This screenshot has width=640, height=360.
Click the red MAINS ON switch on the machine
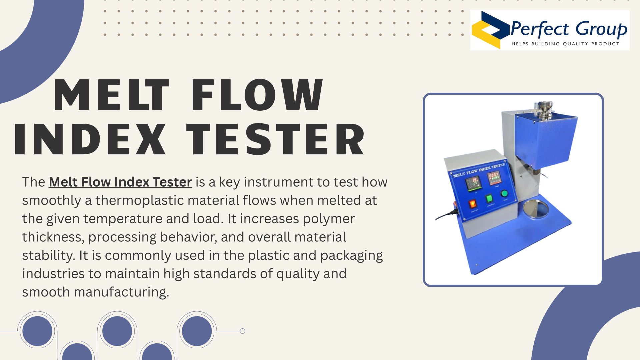[473, 204]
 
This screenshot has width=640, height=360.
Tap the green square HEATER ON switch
[489, 199]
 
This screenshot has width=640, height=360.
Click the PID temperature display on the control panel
[472, 184]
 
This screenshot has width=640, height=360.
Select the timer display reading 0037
[493, 177]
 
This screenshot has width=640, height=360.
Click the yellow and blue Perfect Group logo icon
[490, 30]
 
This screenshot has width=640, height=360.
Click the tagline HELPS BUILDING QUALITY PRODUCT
[565, 44]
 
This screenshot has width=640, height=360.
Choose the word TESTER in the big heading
[275, 139]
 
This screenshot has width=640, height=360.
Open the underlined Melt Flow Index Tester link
[120, 182]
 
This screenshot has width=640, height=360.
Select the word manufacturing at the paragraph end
[121, 292]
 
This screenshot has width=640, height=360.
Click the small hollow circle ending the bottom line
[243, 331]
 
